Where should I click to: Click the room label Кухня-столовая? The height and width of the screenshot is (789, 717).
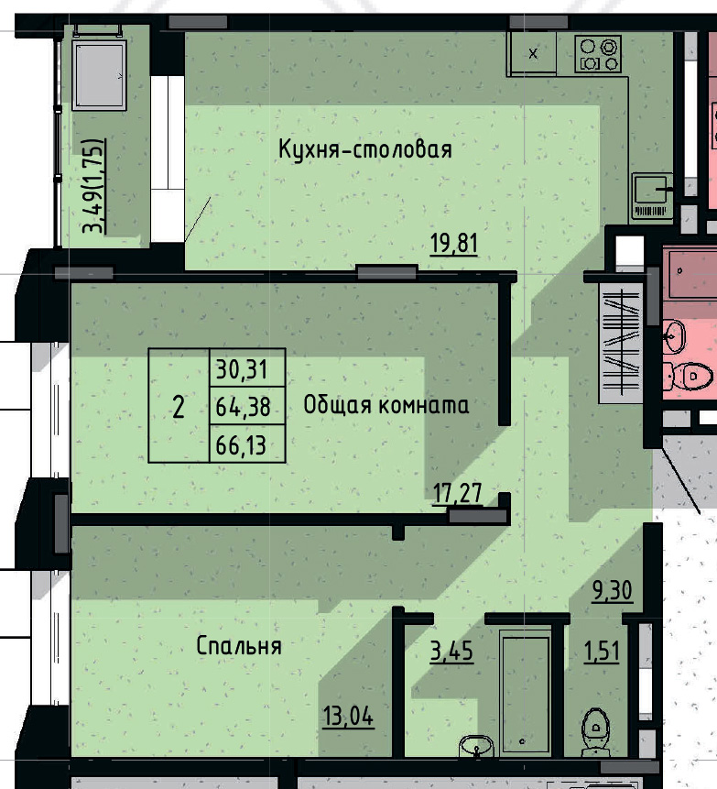point(365,149)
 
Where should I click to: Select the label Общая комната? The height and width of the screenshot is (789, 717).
point(386,405)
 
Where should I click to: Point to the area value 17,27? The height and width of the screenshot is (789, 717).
point(457,495)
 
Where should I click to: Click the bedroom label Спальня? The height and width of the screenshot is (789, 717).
point(238,645)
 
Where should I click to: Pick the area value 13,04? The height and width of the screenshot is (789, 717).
point(348,713)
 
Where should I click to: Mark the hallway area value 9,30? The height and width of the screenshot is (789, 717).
point(613,591)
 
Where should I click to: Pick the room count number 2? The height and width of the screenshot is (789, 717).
point(179,406)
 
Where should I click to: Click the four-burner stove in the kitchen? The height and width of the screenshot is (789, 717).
point(599,54)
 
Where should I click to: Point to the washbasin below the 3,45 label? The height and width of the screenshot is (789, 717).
point(473,746)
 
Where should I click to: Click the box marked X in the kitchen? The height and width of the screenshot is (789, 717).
point(534,53)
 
